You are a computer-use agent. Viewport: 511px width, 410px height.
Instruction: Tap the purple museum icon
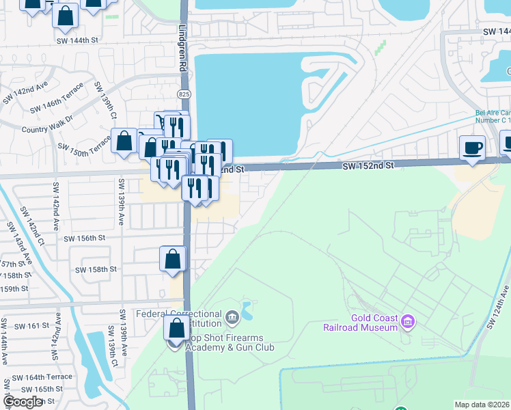click(409, 320)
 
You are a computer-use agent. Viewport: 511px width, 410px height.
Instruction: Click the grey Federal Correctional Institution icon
click(232, 316)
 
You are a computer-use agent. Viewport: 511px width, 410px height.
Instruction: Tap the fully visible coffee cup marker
click(472, 148)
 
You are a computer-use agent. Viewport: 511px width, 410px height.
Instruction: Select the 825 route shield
click(183, 93)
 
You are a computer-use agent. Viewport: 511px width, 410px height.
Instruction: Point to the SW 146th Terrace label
click(57, 100)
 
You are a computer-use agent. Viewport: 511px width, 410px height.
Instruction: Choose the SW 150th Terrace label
click(84, 147)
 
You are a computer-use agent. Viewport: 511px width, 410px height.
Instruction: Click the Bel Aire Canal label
click(493, 117)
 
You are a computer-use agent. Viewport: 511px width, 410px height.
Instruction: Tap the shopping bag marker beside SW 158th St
click(173, 259)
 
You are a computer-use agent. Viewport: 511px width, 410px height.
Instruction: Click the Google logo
click(22, 402)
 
